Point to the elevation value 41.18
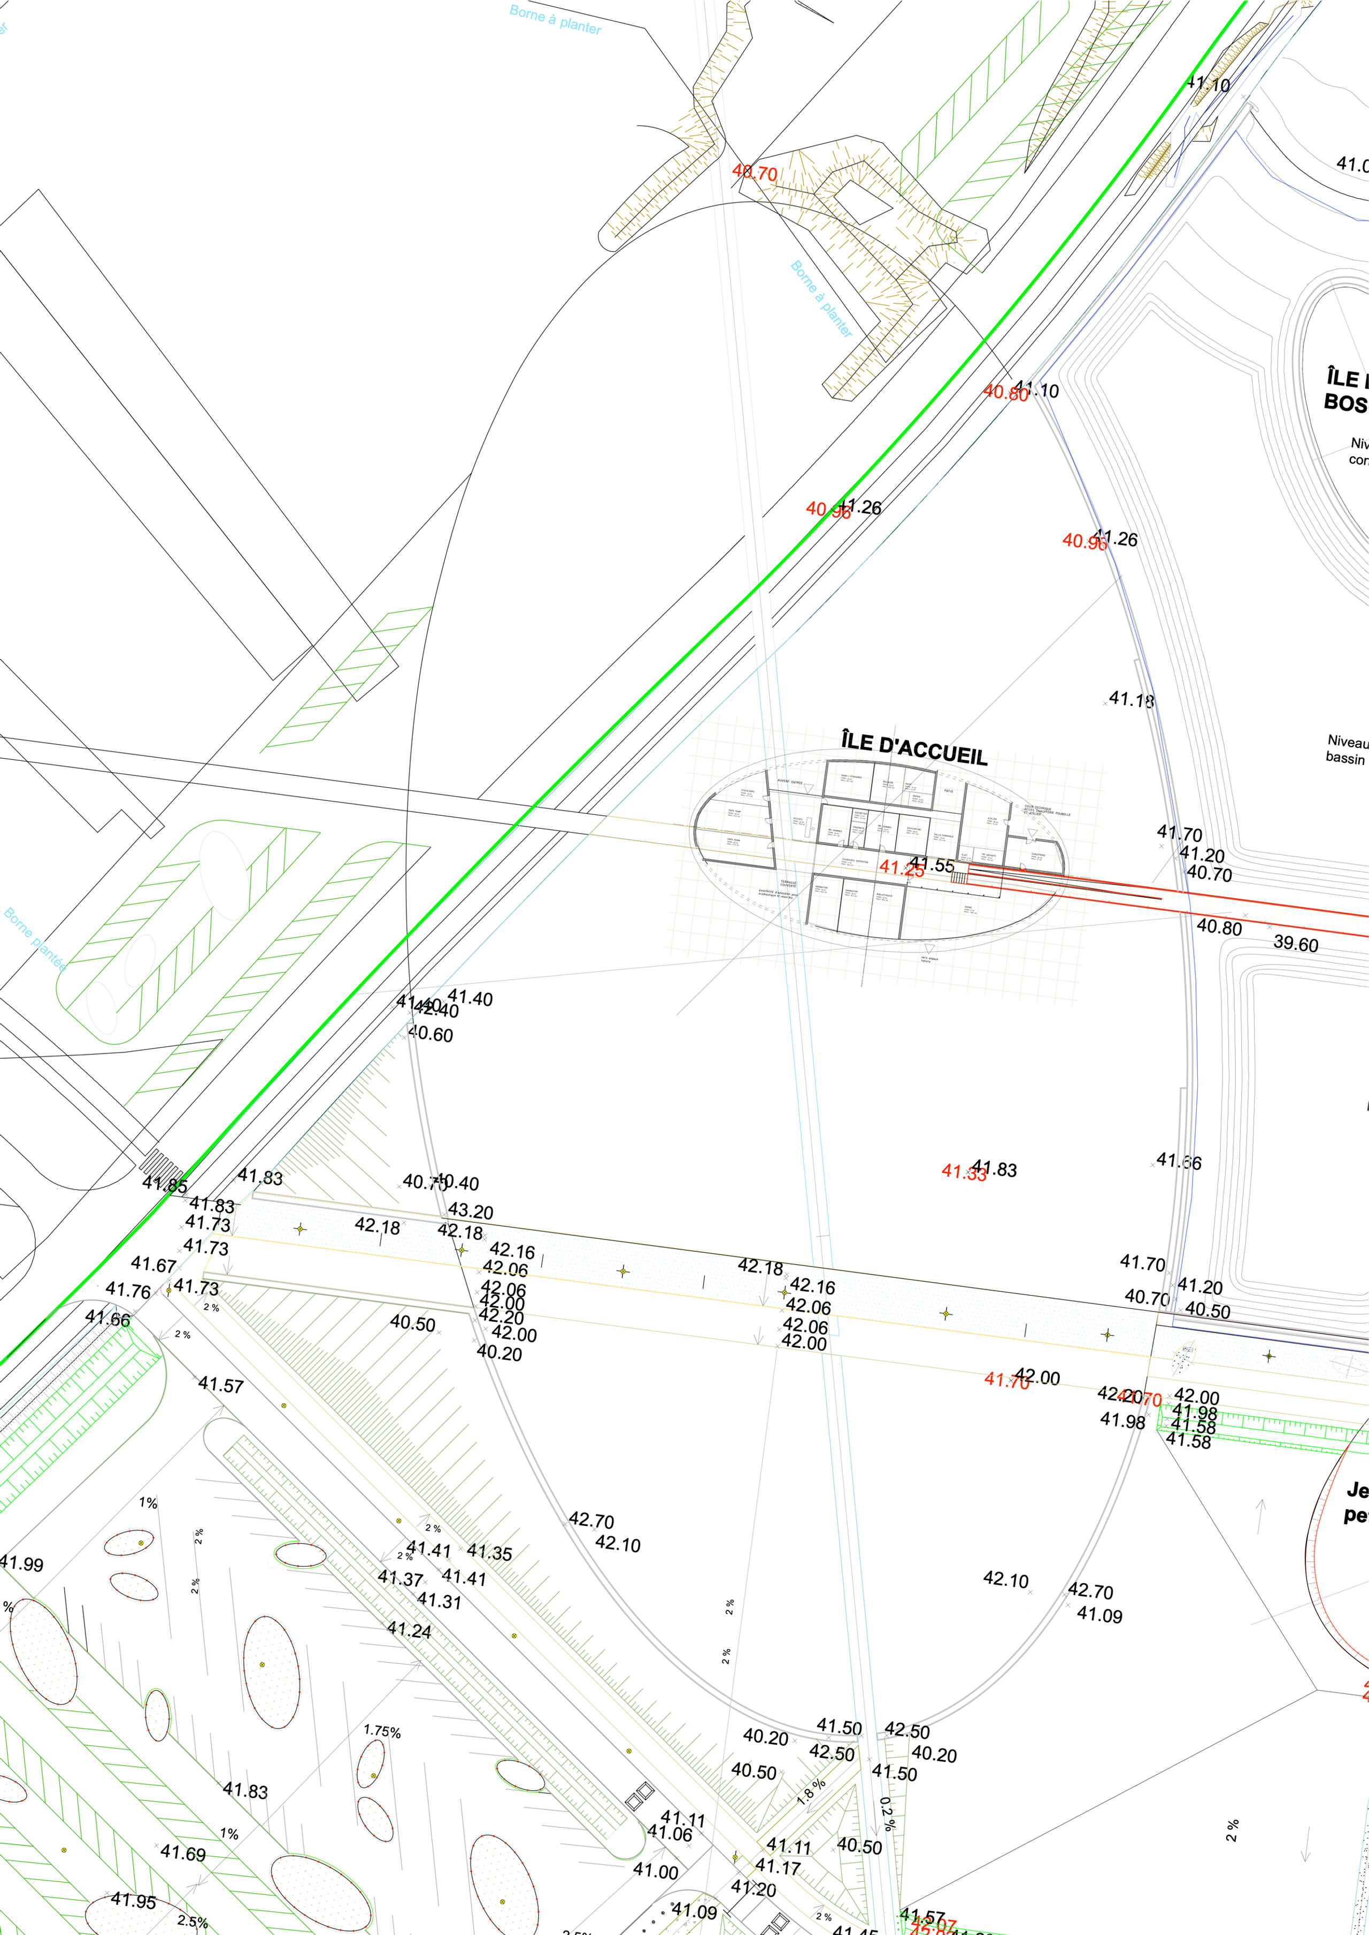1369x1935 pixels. [x=1131, y=699]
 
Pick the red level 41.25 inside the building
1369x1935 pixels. [x=901, y=868]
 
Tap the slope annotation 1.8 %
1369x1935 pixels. [x=811, y=1791]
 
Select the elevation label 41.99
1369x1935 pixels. [x=21, y=1564]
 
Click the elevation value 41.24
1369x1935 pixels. [x=409, y=1631]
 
